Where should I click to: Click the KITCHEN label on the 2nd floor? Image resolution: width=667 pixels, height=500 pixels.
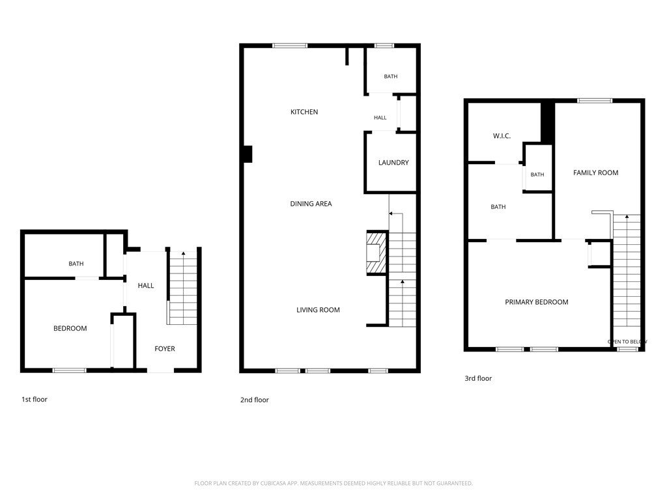[x=304, y=112]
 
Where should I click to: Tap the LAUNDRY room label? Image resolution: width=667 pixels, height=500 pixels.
[x=393, y=162]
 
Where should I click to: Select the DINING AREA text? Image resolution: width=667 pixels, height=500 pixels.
[x=311, y=204]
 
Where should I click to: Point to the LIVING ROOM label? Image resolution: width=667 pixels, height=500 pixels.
[x=318, y=310]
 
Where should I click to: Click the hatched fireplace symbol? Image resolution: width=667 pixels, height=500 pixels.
[x=376, y=253]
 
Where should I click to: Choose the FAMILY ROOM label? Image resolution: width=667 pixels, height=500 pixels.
[x=595, y=173]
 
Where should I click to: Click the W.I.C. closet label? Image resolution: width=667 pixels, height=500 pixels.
[x=502, y=136]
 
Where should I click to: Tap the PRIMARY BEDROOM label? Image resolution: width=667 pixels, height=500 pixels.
[x=537, y=302]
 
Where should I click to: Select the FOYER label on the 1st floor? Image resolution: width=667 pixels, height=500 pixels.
[x=165, y=349]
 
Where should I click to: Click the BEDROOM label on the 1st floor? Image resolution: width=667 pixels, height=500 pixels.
[x=70, y=328]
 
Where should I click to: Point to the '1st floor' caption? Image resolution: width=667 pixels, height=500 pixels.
[x=35, y=399]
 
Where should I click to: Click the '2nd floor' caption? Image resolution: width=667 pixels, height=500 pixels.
[x=255, y=400]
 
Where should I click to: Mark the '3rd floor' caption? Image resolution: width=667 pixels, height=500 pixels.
[x=478, y=378]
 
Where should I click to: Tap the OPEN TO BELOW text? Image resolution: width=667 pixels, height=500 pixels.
[x=627, y=341]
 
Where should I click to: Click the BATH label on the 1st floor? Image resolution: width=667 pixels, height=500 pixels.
[x=76, y=264]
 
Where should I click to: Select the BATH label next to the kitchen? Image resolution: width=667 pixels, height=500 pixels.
[x=391, y=77]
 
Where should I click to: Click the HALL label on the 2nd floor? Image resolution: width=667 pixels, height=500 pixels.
[x=380, y=118]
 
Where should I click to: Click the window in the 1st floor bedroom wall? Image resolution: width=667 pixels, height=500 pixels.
[x=69, y=370]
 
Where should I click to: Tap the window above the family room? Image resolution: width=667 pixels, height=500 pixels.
[x=595, y=101]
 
